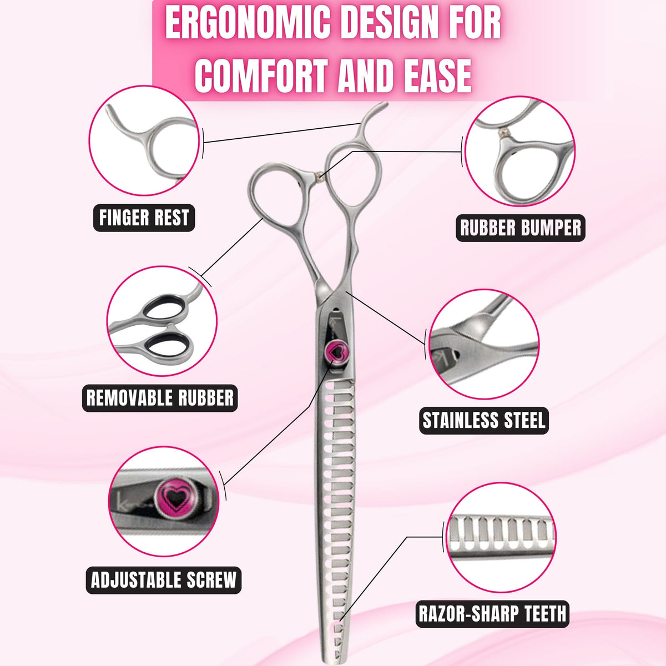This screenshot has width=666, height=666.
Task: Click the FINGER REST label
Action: coord(144,218)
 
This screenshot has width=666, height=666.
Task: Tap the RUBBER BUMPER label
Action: coord(520,228)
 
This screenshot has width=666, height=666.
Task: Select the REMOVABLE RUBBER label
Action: coord(160,398)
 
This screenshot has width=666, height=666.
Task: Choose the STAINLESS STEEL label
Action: coord(484,420)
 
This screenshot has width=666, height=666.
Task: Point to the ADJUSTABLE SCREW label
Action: coord(164,580)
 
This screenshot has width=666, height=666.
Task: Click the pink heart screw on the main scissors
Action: coord(336,351)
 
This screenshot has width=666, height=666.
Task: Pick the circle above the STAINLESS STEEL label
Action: coord(484,344)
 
